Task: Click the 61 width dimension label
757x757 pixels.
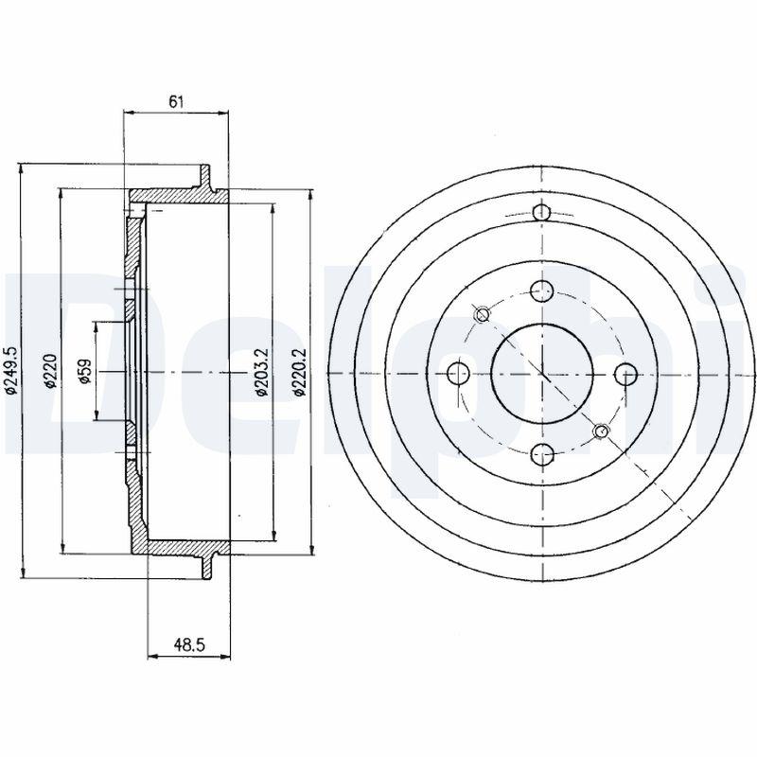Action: [176, 102]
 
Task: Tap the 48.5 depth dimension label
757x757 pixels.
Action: [190, 644]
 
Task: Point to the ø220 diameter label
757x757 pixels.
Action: [51, 371]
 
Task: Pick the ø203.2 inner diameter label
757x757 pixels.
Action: [261, 373]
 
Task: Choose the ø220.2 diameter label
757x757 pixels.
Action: [299, 373]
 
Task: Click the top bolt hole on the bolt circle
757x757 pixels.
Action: [541, 291]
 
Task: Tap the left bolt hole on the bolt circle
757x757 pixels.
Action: [459, 373]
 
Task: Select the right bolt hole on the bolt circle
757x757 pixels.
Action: [626, 373]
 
